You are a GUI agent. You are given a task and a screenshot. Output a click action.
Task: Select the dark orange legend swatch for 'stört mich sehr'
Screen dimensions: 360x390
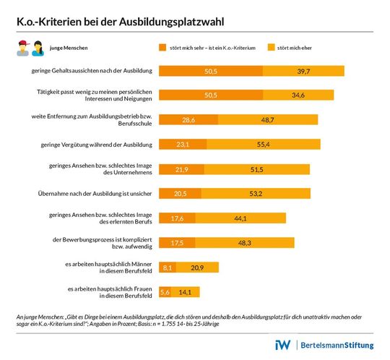click(x=162, y=48)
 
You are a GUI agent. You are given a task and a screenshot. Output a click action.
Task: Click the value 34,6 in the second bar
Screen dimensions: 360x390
click(x=296, y=95)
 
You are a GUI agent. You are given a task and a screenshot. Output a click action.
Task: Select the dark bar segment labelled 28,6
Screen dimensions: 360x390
click(x=188, y=120)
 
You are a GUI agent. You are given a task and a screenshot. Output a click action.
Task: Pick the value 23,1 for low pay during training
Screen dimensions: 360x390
click(x=181, y=145)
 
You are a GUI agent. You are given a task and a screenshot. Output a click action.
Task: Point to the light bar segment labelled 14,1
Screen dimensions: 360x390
click(x=185, y=292)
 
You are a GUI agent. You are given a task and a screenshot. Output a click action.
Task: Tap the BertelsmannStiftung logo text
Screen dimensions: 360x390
click(x=337, y=346)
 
